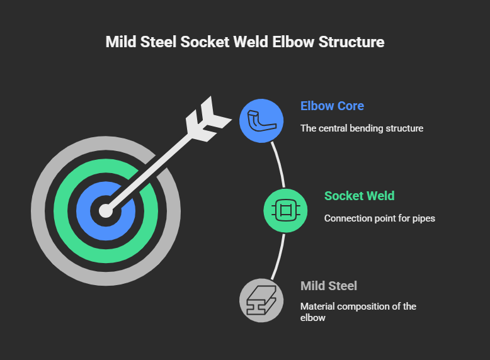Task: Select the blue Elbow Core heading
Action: pyautogui.click(x=332, y=106)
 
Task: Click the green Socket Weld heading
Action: pyautogui.click(x=359, y=196)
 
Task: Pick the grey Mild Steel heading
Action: pyautogui.click(x=329, y=286)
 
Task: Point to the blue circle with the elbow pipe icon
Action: pyautogui.click(x=262, y=120)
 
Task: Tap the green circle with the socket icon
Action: pyautogui.click(x=285, y=210)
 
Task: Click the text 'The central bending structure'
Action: pyautogui.click(x=362, y=128)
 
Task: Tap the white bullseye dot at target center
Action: pyautogui.click(x=106, y=211)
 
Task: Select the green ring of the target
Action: pyautogui.click(x=63, y=211)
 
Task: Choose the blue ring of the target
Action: pyautogui.click(x=84, y=211)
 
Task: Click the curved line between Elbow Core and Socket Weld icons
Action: pyautogui.click(x=278, y=164)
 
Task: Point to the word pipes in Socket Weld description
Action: pyautogui.click(x=423, y=218)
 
